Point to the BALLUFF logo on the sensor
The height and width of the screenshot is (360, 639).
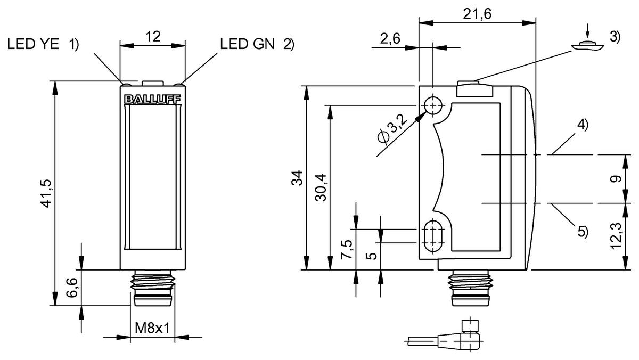pos(152,99)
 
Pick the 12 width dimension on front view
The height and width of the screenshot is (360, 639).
pos(153,36)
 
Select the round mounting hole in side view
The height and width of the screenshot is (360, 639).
pos(434,105)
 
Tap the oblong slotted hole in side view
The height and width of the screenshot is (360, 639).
pos(434,236)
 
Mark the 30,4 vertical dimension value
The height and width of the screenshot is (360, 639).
pos(321,187)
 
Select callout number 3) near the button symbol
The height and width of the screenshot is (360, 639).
pos(615,37)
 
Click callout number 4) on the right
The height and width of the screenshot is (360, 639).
pos(582,126)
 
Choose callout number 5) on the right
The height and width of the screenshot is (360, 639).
pos(583,232)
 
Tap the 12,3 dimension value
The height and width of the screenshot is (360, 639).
pos(616,236)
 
